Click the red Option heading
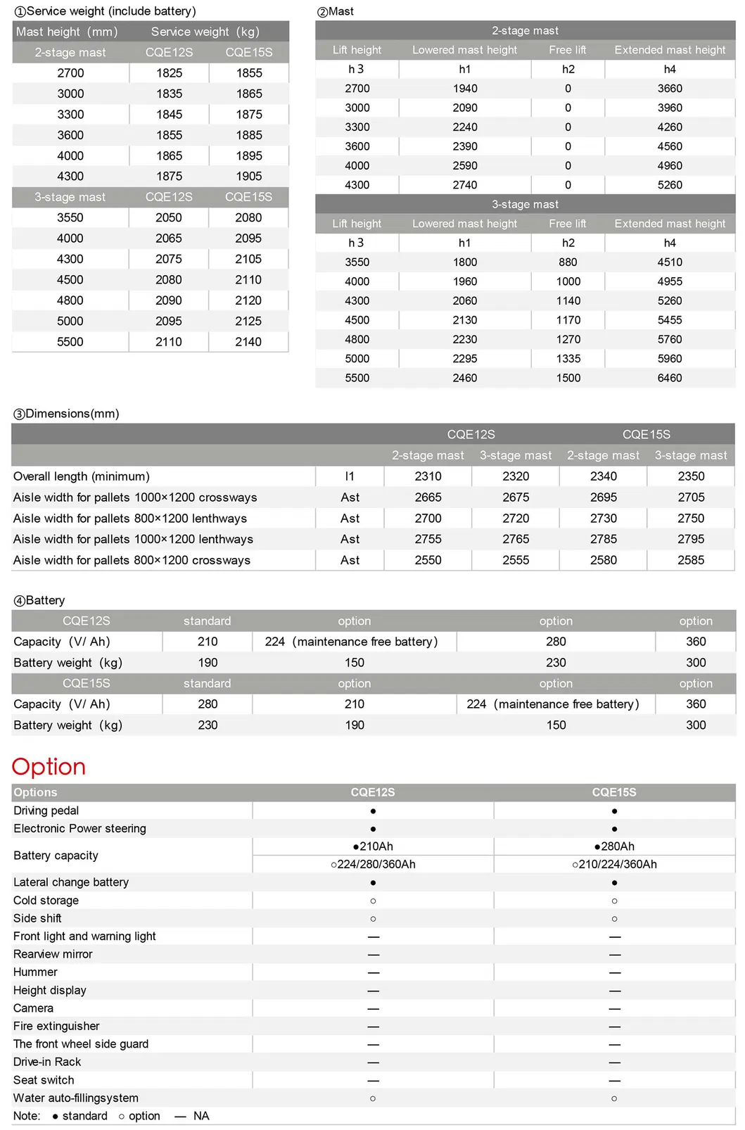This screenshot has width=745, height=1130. tap(49, 766)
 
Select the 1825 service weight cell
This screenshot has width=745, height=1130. tap(169, 73)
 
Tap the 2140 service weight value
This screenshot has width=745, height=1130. tap(248, 342)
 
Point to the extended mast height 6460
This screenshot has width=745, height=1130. tap(669, 378)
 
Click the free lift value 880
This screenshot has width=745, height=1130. tap(568, 262)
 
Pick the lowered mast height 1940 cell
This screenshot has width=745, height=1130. tap(464, 89)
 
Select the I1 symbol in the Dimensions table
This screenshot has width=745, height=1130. tap(350, 476)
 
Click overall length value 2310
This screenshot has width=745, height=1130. tap(428, 476)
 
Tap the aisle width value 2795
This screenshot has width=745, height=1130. tap(691, 539)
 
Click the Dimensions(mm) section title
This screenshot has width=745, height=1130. tap(66, 414)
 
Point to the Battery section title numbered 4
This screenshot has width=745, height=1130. tap(39, 600)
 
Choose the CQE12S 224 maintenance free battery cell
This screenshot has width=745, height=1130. tap(351, 642)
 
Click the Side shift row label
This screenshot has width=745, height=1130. tap(37, 918)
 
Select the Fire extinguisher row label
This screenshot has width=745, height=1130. tap(56, 1026)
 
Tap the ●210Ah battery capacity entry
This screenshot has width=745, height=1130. tap(373, 846)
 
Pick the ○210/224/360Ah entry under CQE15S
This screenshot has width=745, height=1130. tap(614, 864)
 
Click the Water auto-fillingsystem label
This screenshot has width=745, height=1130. tap(76, 1098)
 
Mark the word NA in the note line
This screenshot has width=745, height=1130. tap(201, 1116)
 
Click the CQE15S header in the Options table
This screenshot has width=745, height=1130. tap(614, 792)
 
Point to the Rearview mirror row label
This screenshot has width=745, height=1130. tap(53, 954)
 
